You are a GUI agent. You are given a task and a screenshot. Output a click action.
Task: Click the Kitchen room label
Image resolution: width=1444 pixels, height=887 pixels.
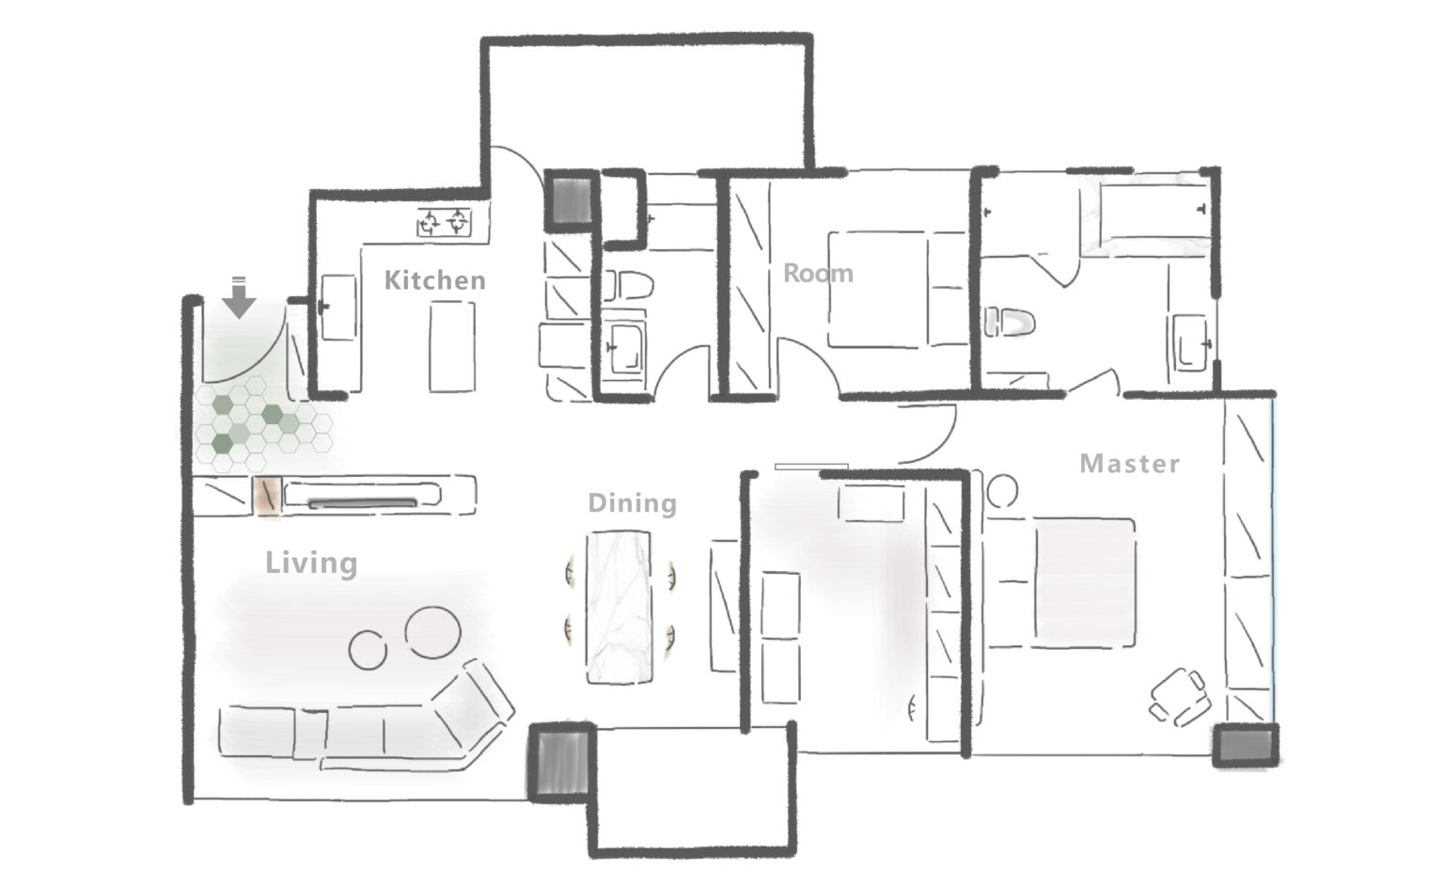coord(434,280)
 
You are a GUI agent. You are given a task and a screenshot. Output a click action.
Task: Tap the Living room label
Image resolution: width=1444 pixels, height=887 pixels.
coord(311,563)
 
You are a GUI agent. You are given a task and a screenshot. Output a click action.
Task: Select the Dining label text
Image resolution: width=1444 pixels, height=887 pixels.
coord(633,504)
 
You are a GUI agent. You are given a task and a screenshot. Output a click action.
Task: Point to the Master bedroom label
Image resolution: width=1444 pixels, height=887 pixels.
coord(1129,464)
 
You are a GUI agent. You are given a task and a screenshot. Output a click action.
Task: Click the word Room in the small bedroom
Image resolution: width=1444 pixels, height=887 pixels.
coord(818,274)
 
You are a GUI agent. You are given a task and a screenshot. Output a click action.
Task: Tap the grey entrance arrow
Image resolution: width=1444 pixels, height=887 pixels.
coord(239,297)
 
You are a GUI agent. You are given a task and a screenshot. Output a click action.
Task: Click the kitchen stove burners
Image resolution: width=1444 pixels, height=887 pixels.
coord(444,223)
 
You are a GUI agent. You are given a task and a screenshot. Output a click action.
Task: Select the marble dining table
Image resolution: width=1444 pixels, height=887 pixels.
coord(619,607)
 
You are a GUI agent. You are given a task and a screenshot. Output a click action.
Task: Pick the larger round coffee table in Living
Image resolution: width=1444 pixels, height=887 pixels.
coord(432,631)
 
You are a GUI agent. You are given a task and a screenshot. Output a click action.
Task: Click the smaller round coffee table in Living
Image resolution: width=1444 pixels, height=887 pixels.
coord(368,649)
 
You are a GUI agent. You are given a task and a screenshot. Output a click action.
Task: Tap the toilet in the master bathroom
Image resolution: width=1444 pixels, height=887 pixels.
coord(1010,322)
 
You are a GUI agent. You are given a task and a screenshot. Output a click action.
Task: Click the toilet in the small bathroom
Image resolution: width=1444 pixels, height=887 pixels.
coord(628,285)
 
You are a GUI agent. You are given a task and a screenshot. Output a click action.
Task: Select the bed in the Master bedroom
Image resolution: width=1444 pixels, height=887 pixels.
coord(1060,582)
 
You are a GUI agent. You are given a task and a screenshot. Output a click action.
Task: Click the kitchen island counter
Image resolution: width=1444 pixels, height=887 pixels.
coord(452,346)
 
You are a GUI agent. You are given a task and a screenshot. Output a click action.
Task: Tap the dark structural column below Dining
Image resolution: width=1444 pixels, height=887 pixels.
coord(561,763)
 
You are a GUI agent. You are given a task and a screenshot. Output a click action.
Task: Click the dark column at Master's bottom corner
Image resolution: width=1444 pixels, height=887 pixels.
coord(1246,745)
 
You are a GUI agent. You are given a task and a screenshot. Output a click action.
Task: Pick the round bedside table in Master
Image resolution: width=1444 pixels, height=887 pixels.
coord(1002,491)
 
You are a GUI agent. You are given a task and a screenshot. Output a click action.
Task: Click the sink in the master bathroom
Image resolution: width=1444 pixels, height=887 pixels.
coord(1189,342)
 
